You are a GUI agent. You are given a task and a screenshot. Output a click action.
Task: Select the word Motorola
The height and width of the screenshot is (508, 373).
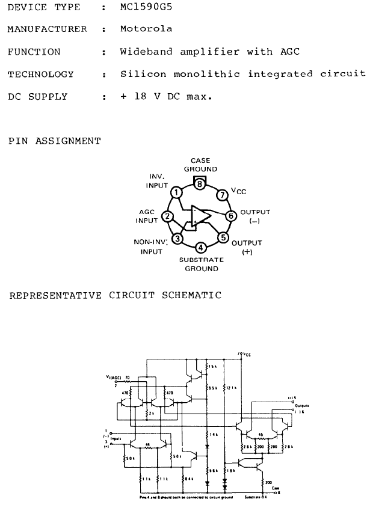click(x=146, y=29)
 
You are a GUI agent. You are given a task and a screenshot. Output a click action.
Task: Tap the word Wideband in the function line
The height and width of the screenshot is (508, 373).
click(x=145, y=52)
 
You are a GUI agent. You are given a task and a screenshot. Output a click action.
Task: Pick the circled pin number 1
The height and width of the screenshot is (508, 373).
click(x=176, y=192)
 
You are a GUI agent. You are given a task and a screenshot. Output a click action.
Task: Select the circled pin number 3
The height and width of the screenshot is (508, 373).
click(x=177, y=238)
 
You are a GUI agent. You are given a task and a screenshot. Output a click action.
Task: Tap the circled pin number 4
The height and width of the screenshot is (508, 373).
click(x=201, y=246)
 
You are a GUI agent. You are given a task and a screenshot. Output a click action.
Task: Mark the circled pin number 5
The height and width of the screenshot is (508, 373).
click(x=223, y=237)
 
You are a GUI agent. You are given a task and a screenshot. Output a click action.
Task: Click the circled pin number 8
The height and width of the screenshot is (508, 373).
click(x=200, y=185)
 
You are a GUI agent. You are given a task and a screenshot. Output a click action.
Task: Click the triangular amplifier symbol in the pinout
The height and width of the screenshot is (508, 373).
click(x=200, y=215)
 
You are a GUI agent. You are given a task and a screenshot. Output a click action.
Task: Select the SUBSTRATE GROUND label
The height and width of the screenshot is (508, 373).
click(x=202, y=265)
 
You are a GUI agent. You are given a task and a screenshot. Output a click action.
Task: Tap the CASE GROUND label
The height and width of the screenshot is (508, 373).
click(x=200, y=165)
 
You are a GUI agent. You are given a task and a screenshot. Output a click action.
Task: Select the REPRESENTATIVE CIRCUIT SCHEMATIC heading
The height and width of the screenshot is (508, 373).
click(x=114, y=295)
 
